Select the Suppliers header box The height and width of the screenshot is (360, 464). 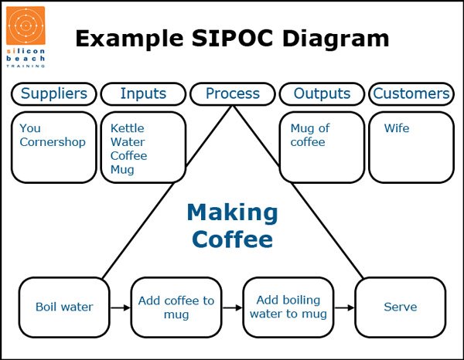point(54,94)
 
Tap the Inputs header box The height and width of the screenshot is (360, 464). point(143,94)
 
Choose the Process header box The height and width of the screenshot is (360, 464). point(233,94)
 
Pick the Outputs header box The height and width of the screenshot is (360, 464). point(322,94)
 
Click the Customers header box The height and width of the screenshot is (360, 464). point(411,94)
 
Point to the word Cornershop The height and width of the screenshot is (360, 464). point(53,142)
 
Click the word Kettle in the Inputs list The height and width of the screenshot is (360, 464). point(128,128)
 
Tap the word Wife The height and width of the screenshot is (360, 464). point(397,128)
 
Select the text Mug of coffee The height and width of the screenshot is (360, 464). point(309,135)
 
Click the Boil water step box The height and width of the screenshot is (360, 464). point(64,307)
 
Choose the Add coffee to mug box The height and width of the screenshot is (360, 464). point(176,307)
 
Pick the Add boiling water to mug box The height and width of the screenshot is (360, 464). point(288,307)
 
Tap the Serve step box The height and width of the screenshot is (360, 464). point(401,307)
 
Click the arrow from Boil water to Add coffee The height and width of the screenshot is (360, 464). point(120,307)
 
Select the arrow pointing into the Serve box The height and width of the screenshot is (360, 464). point(344,307)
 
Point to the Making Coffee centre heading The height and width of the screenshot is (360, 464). point(232,225)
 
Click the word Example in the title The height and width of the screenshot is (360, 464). point(125,38)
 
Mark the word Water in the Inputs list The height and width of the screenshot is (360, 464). point(128,142)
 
